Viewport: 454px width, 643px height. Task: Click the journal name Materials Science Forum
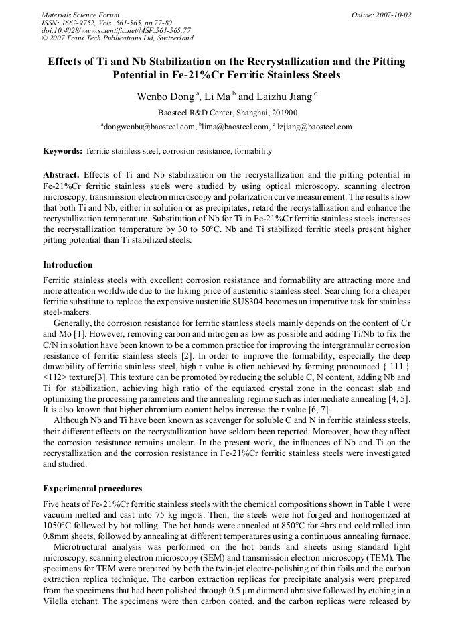pyautogui.click(x=80, y=15)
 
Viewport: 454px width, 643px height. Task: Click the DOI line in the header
pyautogui.click(x=115, y=30)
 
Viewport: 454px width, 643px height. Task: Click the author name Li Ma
pyautogui.click(x=218, y=97)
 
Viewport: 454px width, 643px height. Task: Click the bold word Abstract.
pyautogui.click(x=61, y=175)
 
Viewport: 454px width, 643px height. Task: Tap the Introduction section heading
pyautogui.click(x=68, y=265)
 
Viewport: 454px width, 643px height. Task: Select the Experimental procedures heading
pyautogui.click(x=92, y=488)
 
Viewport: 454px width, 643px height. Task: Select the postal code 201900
pyautogui.click(x=285, y=113)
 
